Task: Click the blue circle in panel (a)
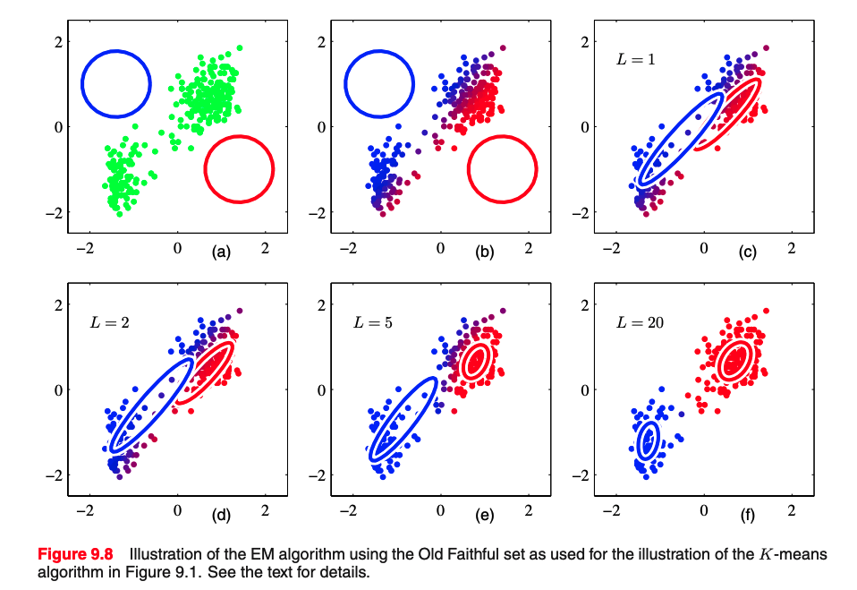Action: [x=116, y=51]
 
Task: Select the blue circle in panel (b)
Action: [x=379, y=51]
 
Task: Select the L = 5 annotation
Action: [x=371, y=321]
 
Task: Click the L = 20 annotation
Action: [x=639, y=321]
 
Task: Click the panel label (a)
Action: [x=221, y=252]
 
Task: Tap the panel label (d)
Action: [x=221, y=516]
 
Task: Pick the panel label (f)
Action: [x=747, y=516]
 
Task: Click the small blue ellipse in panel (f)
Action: [x=649, y=440]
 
